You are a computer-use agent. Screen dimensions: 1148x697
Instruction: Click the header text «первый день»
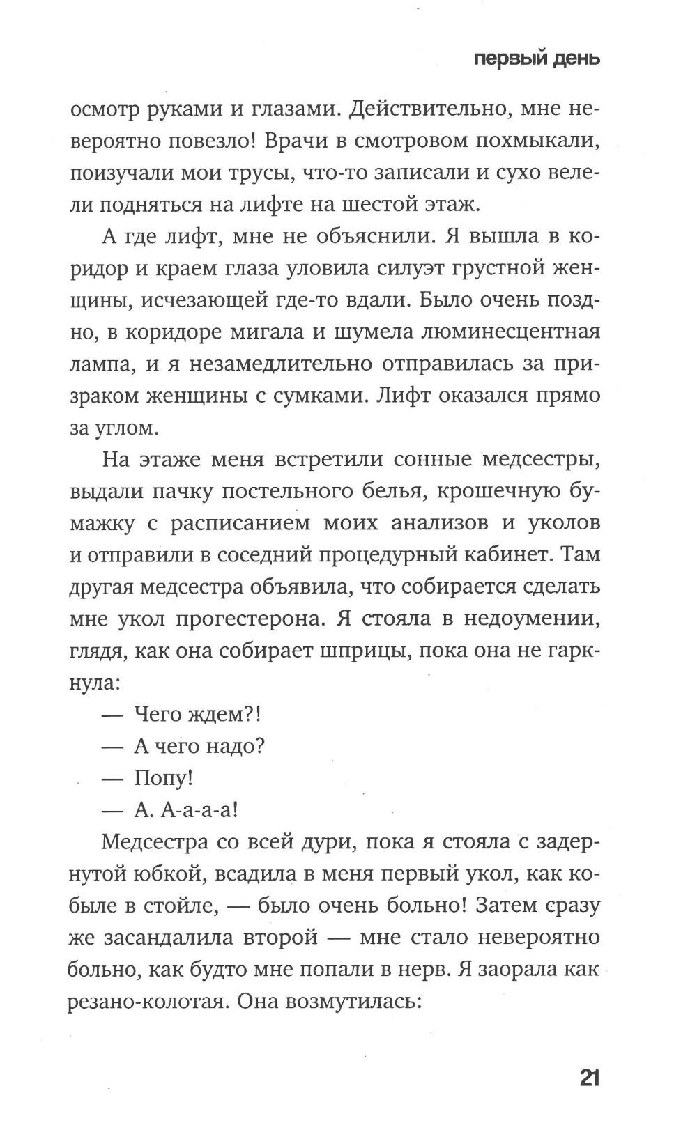tap(537, 59)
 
